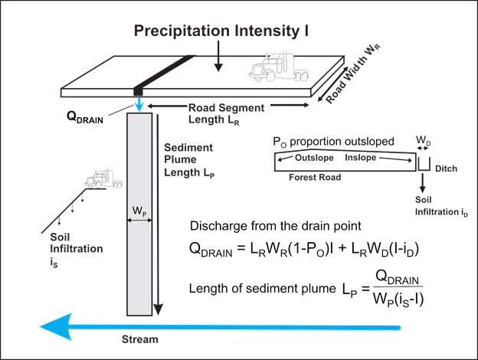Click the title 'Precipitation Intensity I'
click(x=221, y=31)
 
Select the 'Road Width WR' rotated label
click(x=349, y=85)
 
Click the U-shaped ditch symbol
click(x=423, y=162)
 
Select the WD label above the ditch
click(x=423, y=142)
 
